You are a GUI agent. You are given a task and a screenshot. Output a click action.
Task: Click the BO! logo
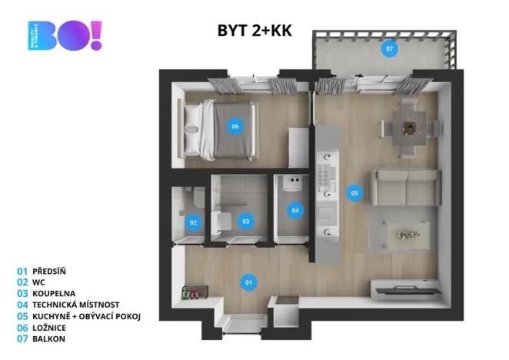65,35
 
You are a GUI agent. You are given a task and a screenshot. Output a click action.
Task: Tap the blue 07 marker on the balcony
389,49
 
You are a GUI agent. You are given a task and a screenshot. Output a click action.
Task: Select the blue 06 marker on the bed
235,126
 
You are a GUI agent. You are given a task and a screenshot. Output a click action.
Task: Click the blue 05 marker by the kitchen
354,193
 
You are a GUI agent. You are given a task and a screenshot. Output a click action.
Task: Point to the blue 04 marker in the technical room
295,209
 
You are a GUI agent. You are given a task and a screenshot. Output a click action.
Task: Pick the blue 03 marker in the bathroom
245,222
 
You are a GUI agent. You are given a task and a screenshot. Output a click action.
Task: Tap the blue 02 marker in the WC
193,223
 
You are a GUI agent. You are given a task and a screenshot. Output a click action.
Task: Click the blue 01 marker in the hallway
248,282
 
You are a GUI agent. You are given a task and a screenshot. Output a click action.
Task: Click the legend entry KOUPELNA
55,294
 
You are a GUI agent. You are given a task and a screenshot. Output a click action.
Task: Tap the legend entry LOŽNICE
50,327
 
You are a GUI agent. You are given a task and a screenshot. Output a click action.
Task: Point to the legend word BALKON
49,338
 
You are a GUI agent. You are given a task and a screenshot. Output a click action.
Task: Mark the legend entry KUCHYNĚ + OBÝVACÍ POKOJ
86,316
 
